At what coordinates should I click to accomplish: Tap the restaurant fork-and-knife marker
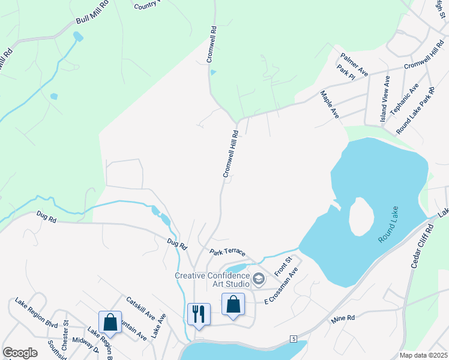[199, 314]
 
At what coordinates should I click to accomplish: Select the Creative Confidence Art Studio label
[212, 280]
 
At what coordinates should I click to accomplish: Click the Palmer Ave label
[354, 64]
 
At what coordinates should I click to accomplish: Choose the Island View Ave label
[384, 100]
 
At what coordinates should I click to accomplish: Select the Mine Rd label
[343, 320]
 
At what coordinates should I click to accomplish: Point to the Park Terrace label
[228, 253]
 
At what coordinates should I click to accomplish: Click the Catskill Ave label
[140, 308]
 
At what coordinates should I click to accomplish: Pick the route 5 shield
[294, 340]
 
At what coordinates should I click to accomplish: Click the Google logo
[20, 353]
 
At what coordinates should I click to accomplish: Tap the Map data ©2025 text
[423, 355]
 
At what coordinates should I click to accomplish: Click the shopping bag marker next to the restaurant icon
[233, 304]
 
